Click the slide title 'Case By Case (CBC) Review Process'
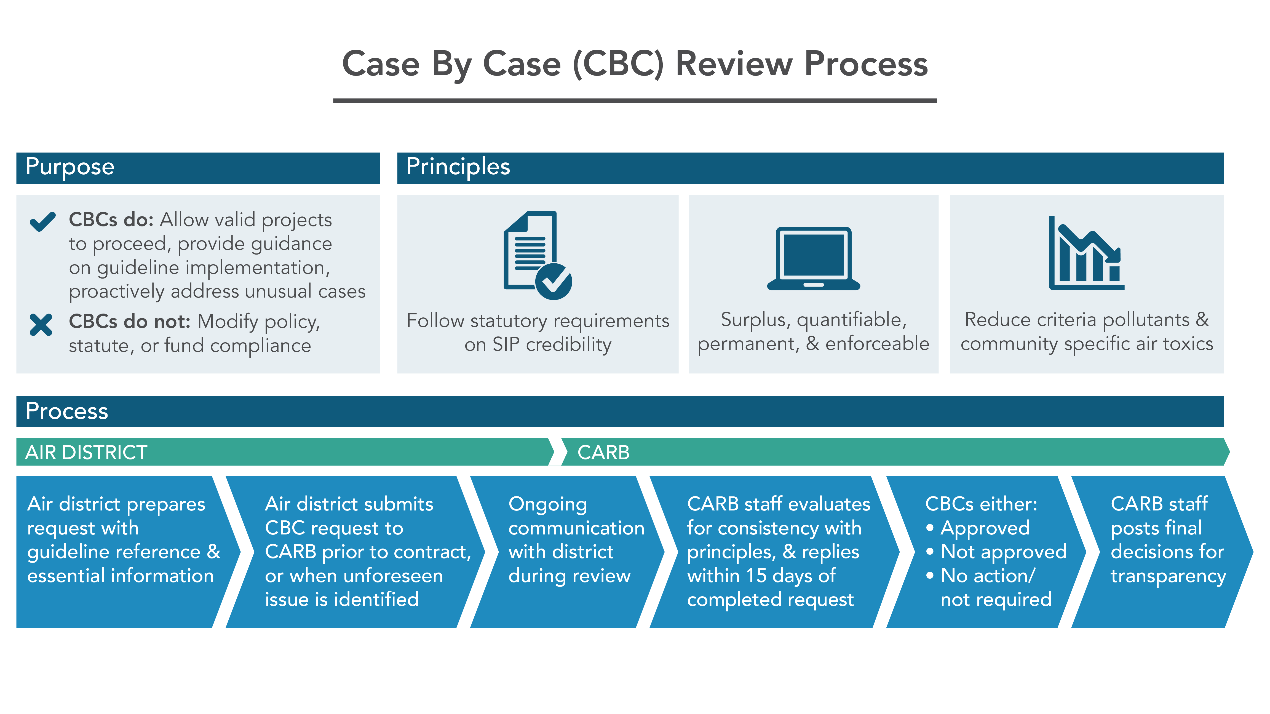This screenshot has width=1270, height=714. click(x=635, y=64)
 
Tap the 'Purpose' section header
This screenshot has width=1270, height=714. click(x=70, y=167)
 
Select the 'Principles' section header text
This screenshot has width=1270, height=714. click(x=458, y=167)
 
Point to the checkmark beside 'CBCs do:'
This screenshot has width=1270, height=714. click(x=43, y=221)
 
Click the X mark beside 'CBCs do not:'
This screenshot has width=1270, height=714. click(x=41, y=325)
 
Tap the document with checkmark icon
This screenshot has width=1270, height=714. click(x=538, y=255)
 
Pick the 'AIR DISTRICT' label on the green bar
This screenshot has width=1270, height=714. click(x=86, y=452)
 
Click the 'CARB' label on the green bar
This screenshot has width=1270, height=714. click(x=603, y=452)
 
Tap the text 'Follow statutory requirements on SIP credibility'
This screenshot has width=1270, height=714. click(x=538, y=332)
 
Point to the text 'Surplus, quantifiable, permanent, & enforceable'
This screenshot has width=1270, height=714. click(x=814, y=331)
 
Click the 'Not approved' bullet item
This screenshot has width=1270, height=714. click(x=1003, y=552)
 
